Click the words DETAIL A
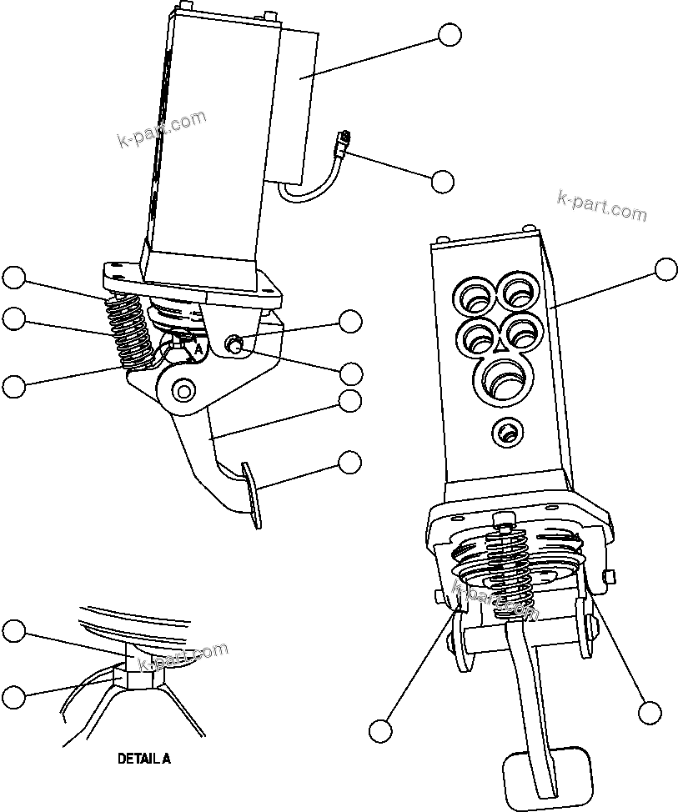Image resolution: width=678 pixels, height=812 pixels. coord(143,759)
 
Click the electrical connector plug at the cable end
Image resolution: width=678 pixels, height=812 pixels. coord(341,143)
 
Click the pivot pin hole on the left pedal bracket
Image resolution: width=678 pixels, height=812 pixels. coord(182,389)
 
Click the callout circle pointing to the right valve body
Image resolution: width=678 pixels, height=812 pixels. coord(665,269)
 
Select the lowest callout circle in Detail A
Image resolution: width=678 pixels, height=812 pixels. coord(14,696)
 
